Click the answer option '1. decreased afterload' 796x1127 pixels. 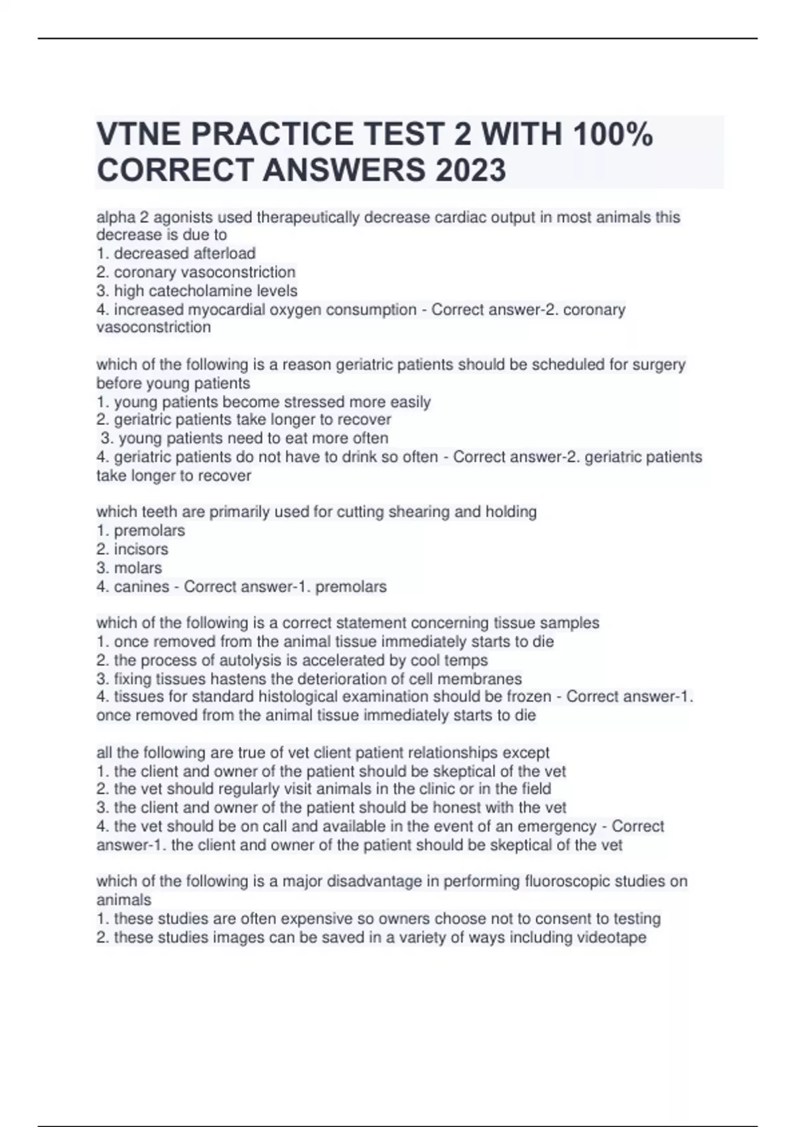click(x=176, y=253)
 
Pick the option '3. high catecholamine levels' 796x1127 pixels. click(x=196, y=290)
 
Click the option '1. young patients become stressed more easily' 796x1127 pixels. click(x=263, y=402)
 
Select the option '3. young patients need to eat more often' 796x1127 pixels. click(x=244, y=438)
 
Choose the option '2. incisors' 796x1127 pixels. click(x=132, y=549)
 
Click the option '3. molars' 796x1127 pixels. click(x=129, y=567)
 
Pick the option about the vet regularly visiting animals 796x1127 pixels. click(x=323, y=789)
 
